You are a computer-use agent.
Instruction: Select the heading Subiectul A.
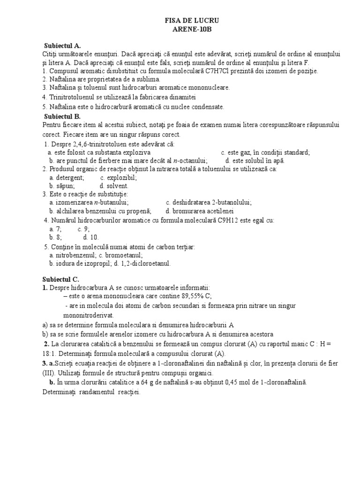click(62, 46)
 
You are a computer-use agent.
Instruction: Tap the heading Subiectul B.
click(62, 116)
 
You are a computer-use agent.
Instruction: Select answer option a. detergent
click(67, 178)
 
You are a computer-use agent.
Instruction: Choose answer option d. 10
click(91, 237)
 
